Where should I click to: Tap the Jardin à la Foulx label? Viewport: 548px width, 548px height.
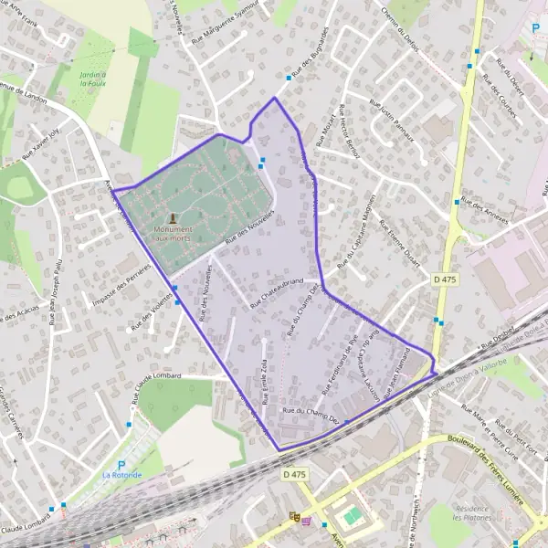pos(93,79)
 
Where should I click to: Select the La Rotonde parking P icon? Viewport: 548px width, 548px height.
pos(121,464)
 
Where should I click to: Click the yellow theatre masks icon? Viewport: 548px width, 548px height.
pos(294,517)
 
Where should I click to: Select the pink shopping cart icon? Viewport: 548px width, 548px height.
pos(307,522)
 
